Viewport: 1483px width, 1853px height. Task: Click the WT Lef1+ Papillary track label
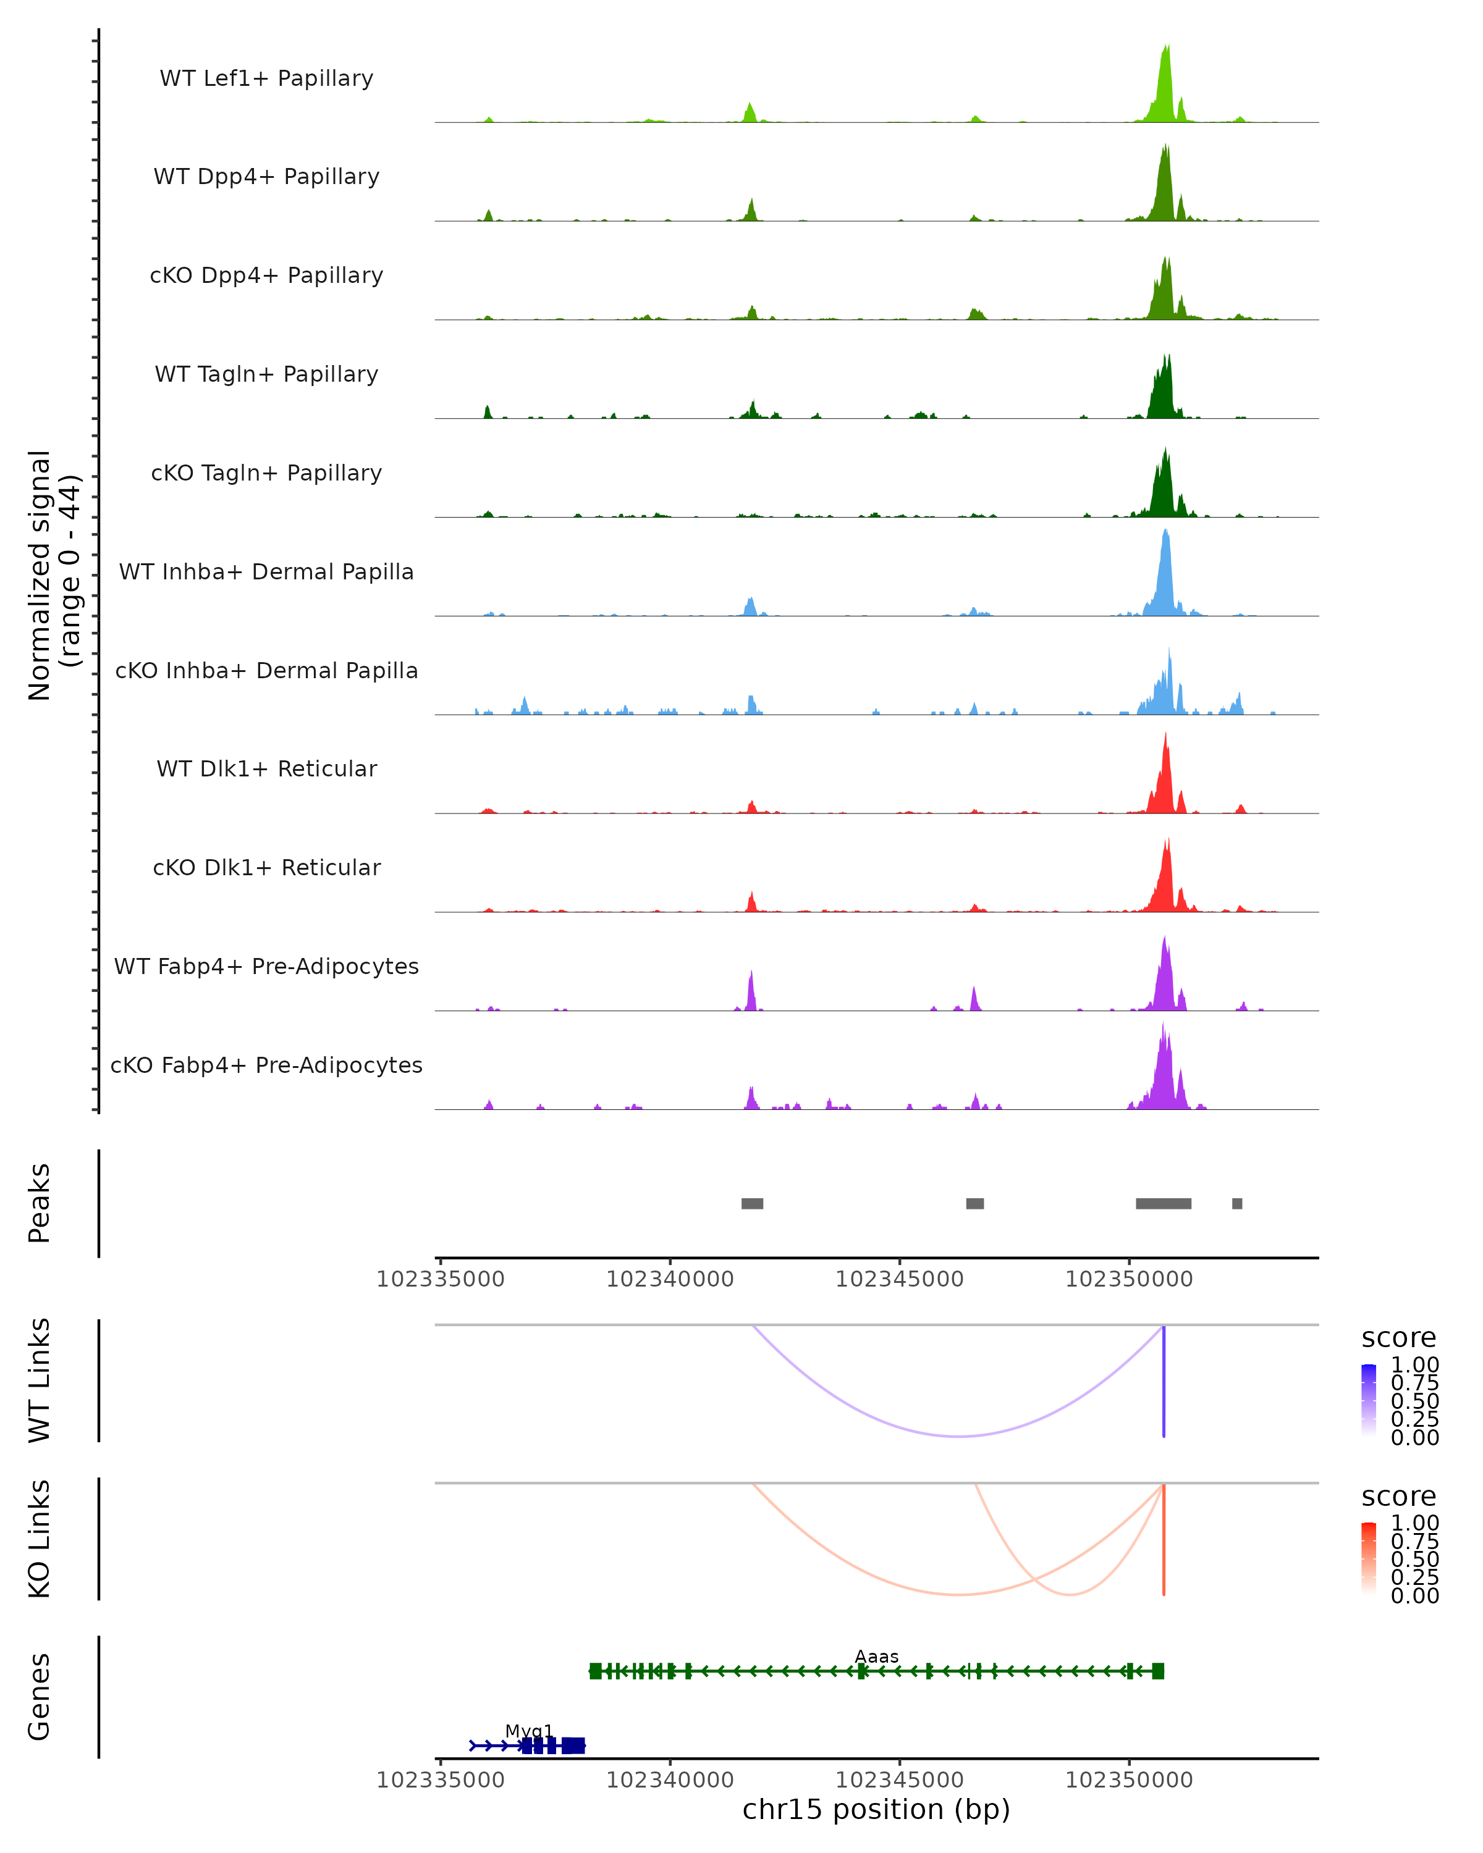coord(266,78)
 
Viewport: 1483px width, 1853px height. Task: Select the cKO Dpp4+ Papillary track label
coord(266,275)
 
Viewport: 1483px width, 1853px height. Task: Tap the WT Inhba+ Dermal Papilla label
coord(266,571)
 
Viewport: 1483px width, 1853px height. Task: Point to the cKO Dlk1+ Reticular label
coord(266,867)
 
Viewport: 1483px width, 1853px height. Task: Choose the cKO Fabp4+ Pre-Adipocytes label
coord(266,1065)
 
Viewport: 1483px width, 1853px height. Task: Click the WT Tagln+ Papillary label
coord(266,374)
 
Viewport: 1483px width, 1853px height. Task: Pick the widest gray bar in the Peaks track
coord(1163,1203)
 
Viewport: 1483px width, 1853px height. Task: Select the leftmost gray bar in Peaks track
coord(752,1203)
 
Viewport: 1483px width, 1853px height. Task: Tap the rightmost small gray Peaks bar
coord(1236,1203)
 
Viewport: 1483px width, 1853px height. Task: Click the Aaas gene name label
coord(876,1656)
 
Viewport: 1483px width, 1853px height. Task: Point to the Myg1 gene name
coord(529,1731)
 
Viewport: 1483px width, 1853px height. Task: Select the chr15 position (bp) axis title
coord(876,1809)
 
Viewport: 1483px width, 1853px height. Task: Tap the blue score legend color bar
coord(1369,1400)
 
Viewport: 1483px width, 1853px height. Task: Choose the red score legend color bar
coord(1369,1558)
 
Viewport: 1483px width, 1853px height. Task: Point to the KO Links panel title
coord(40,1539)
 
